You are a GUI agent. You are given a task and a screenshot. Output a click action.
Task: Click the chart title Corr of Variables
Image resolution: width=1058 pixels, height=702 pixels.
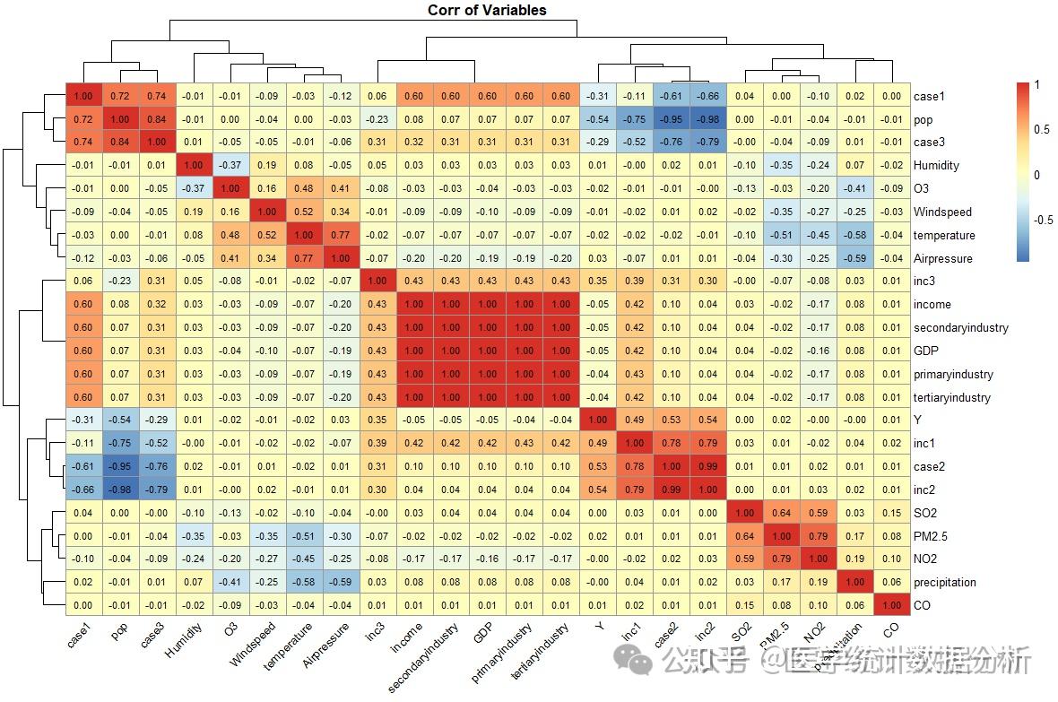coord(487,11)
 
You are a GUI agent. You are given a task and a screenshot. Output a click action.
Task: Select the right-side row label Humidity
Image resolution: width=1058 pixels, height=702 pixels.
coord(936,166)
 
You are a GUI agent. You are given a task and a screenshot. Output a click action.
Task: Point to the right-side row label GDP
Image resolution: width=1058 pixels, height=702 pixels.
coord(926,351)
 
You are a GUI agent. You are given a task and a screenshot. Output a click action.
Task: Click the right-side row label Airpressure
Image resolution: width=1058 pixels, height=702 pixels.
coord(941,258)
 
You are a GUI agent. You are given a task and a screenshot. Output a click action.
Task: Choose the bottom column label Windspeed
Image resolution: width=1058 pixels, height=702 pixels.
coord(252,645)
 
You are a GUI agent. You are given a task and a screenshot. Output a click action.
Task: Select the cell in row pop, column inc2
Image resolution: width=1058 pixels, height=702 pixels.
coord(707,119)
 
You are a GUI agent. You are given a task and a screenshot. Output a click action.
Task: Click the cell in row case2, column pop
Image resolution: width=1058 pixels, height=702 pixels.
coord(119,467)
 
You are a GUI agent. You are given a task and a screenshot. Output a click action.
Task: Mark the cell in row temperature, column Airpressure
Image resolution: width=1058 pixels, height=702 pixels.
coord(340,235)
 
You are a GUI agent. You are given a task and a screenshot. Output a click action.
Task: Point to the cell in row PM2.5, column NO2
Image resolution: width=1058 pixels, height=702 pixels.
coord(818,536)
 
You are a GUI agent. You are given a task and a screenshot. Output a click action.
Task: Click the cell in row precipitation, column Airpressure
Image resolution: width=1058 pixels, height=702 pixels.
coord(340,583)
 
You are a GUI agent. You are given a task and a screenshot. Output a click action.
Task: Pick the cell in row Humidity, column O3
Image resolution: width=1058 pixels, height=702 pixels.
coord(230,166)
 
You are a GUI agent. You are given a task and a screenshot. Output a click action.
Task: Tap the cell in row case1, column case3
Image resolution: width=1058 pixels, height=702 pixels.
coord(156,96)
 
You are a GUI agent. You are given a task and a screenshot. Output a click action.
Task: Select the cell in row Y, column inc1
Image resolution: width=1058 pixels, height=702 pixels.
coord(634,420)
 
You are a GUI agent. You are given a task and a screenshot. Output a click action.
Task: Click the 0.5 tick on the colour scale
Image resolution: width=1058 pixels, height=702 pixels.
coord(1039,130)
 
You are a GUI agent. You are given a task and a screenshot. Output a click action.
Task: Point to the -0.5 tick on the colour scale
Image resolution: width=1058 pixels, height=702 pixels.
coord(1041,219)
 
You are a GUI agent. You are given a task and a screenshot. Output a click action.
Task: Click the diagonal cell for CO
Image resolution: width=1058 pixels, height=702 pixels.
coord(891,606)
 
